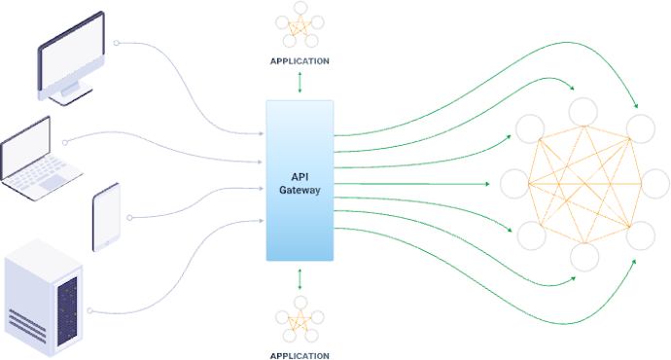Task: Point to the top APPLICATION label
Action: point(300,60)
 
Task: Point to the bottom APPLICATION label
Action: point(300,354)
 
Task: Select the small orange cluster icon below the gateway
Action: point(300,322)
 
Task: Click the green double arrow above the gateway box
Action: point(300,84)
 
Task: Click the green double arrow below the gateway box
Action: point(300,278)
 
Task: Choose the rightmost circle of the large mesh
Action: point(655,183)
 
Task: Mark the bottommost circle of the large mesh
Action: point(583,256)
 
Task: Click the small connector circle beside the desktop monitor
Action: point(117,44)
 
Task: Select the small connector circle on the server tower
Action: point(88,311)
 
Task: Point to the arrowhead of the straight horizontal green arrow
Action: point(486,183)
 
